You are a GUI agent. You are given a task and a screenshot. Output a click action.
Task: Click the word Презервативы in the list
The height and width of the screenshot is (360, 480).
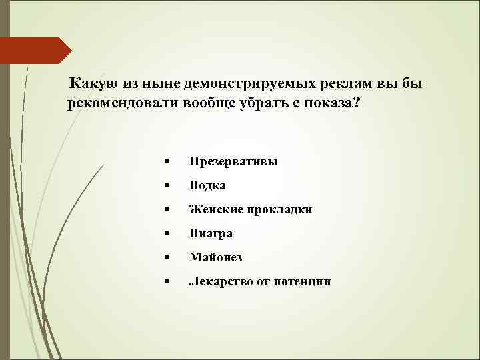[233, 161]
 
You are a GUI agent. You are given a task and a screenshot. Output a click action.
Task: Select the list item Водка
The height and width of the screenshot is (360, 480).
[207, 185]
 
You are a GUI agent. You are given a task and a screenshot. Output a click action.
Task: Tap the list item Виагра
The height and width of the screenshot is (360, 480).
[211, 233]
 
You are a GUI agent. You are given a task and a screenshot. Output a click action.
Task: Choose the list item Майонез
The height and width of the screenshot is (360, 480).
[215, 257]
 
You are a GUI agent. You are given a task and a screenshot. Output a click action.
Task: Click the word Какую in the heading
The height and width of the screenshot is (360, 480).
[95, 85]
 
